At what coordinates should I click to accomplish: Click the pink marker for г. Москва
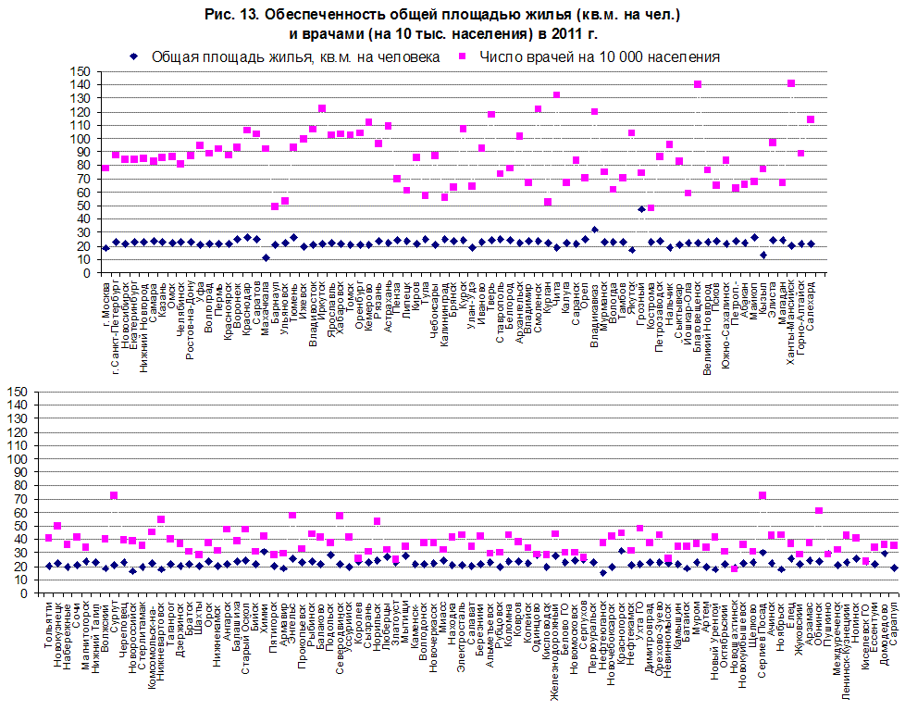point(105,168)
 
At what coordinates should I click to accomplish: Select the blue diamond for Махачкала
point(266,258)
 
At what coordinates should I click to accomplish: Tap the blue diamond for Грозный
point(640,209)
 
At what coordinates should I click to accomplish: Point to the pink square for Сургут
point(114,496)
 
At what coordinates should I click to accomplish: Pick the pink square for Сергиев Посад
point(762,496)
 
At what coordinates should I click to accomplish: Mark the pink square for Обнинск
point(819,511)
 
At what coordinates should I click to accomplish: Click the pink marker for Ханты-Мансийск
point(791,83)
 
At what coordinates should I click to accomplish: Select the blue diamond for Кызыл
point(763,255)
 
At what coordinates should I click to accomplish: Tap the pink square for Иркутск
point(322,109)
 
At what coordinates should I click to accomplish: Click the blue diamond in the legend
point(134,56)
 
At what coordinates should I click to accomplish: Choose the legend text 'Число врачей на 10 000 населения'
point(600,56)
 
